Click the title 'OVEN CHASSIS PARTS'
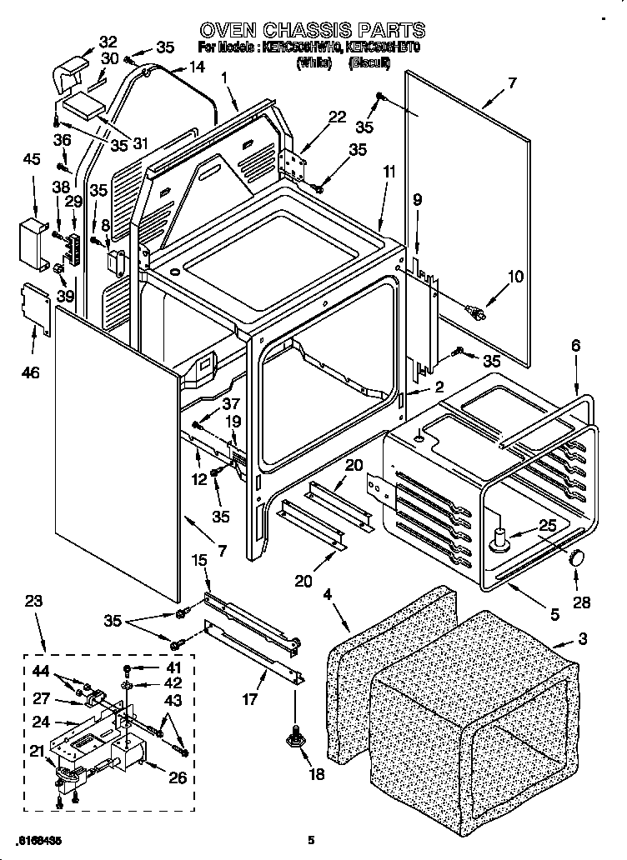(313, 30)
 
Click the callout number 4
(329, 594)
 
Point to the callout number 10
(516, 277)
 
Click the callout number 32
(108, 42)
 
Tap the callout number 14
(196, 66)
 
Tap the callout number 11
(389, 172)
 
